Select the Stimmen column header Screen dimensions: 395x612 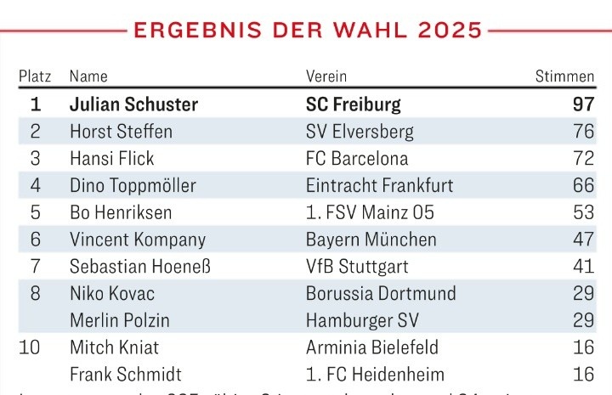(564, 76)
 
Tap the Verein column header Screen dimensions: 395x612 (326, 76)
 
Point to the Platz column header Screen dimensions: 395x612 (35, 76)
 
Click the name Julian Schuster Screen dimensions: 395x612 (133, 105)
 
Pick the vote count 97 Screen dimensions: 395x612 (582, 105)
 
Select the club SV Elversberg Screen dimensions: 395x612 (360, 132)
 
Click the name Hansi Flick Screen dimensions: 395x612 (111, 158)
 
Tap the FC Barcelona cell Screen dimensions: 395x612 (357, 158)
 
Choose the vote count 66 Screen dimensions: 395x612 (583, 185)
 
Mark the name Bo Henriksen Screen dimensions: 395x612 (121, 212)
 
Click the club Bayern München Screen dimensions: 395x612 (371, 240)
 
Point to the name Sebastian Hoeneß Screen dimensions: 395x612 (139, 267)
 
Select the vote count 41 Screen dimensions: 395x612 (583, 267)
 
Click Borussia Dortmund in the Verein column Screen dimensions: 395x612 (381, 294)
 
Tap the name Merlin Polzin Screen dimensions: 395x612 (119, 320)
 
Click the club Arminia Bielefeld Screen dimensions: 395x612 (372, 347)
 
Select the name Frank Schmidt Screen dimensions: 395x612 (125, 375)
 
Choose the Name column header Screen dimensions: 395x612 (88, 76)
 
